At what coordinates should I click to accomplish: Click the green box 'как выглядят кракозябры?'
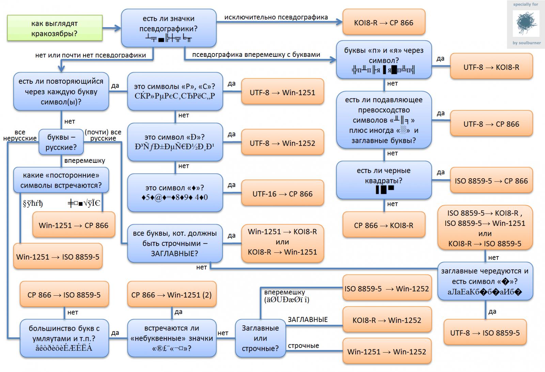54,28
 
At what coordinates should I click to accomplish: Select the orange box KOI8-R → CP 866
384,23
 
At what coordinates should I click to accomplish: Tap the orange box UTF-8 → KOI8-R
491,67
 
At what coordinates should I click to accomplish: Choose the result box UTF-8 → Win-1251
282,92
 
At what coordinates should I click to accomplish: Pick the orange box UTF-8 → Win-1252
282,143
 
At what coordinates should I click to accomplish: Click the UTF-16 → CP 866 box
282,194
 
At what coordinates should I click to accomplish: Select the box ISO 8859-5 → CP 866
491,181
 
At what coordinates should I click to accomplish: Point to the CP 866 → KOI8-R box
384,225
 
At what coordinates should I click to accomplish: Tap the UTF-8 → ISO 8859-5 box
485,333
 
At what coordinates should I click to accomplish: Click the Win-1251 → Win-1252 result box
387,352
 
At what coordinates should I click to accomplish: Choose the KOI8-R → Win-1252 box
387,320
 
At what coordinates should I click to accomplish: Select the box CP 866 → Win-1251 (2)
172,295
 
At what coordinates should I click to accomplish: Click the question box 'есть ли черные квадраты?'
384,180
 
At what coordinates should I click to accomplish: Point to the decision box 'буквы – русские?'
61,142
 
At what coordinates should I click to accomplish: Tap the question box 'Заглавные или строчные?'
260,338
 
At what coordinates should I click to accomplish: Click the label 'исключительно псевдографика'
276,17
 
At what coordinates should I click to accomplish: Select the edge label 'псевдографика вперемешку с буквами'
256,55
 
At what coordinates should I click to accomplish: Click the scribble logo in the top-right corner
526,23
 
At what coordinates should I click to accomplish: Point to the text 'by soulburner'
526,43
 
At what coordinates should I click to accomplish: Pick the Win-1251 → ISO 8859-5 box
58,257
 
